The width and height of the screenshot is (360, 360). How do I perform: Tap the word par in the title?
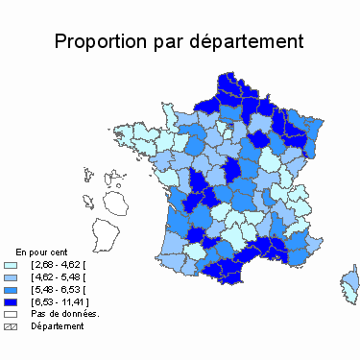[x=173, y=42]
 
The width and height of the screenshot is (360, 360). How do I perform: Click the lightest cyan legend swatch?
[x=12, y=263]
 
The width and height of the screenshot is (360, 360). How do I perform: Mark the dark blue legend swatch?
[x=12, y=300]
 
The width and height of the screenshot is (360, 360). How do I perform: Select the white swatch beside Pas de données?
[x=12, y=313]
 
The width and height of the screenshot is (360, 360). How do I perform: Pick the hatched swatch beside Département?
[x=12, y=325]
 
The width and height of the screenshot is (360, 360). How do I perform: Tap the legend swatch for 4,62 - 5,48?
[x=12, y=276]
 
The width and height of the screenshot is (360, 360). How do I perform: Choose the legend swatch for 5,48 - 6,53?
[x=12, y=288]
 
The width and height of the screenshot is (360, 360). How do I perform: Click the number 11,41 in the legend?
[x=75, y=300]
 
